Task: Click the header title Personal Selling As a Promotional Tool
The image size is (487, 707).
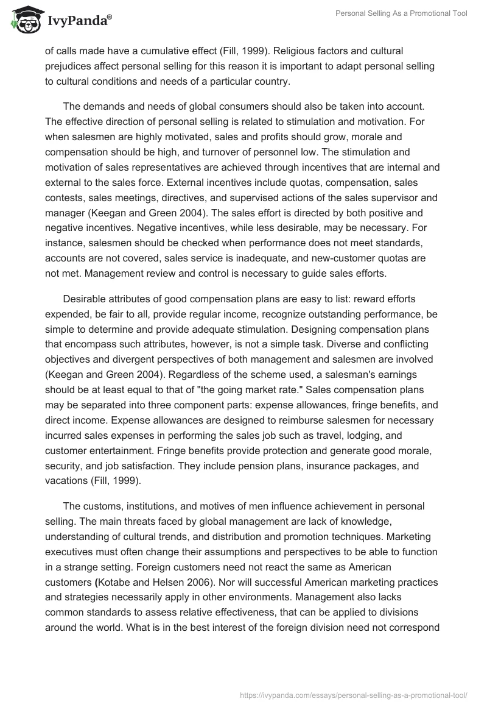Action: (x=401, y=13)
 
